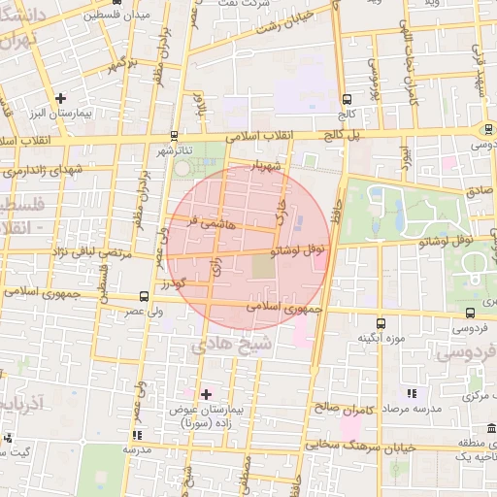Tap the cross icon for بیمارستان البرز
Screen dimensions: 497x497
[61, 98]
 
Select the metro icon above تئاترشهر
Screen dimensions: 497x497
[174, 135]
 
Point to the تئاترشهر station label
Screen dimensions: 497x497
[176, 151]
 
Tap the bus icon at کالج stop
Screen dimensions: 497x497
[347, 98]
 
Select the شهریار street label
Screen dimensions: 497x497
[267, 167]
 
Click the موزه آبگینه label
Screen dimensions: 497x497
[381, 339]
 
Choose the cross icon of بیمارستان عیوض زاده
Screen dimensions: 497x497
[205, 394]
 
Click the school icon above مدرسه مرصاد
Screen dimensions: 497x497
[412, 393]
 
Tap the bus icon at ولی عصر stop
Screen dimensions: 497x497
[144, 295]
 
